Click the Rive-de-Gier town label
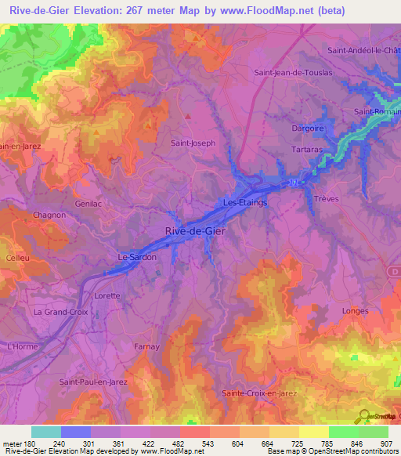tap(196, 230)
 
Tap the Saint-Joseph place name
tap(193, 143)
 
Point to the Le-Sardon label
tap(137, 257)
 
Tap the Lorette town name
tap(107, 295)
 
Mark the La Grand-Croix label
tap(62, 312)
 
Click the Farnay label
tap(146, 346)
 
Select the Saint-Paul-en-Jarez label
tap(93, 382)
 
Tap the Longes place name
tap(356, 311)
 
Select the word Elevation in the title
tap(108, 13)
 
